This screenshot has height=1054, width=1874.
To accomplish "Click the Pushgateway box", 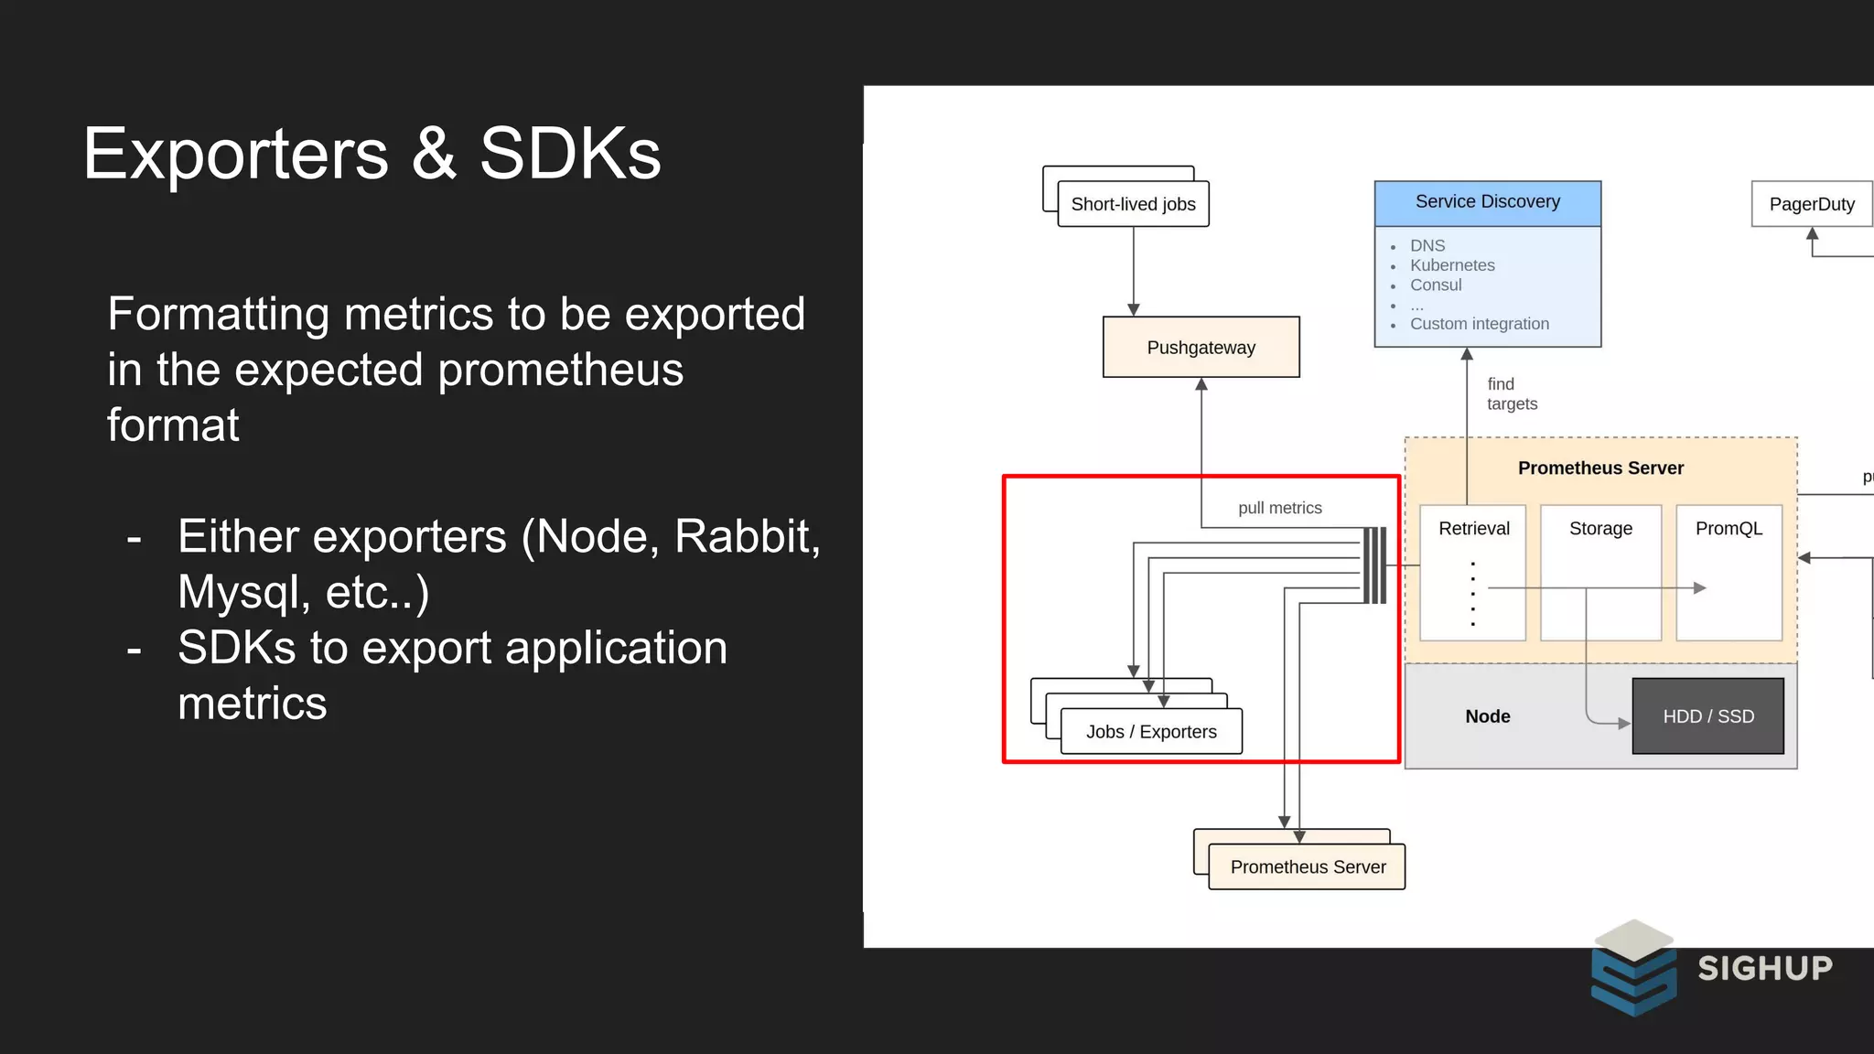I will pos(1201,348).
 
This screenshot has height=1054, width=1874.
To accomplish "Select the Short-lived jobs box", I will pos(1133,204).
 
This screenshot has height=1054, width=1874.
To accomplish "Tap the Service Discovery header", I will pos(1487,202).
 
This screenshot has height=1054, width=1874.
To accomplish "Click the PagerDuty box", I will pos(1811,204).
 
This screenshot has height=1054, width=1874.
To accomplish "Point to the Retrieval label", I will pos(1473,529).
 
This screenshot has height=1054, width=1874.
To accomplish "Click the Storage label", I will pos(1600,529).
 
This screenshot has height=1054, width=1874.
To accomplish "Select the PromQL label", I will pos(1729,529).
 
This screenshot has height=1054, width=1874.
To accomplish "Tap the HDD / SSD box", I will pos(1707,716).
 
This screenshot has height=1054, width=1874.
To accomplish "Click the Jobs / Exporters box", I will pos(1151,732).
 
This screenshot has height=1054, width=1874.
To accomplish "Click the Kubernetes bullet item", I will pos(1451,265).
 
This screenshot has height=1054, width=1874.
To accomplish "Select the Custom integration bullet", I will pos(1479,324).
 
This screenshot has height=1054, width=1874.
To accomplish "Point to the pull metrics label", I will pos(1279,508).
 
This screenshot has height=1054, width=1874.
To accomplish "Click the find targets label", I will pos(1511,394).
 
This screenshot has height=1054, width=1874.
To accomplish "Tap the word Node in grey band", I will pos(1487,716).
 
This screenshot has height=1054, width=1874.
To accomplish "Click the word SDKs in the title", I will pos(569,154).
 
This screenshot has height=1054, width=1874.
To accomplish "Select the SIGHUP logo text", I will pos(1765,968).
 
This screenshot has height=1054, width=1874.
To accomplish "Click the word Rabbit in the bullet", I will pos(746,537).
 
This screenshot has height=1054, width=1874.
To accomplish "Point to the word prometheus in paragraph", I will pos(560,371).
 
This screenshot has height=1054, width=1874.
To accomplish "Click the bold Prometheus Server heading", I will pos(1600,468).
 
